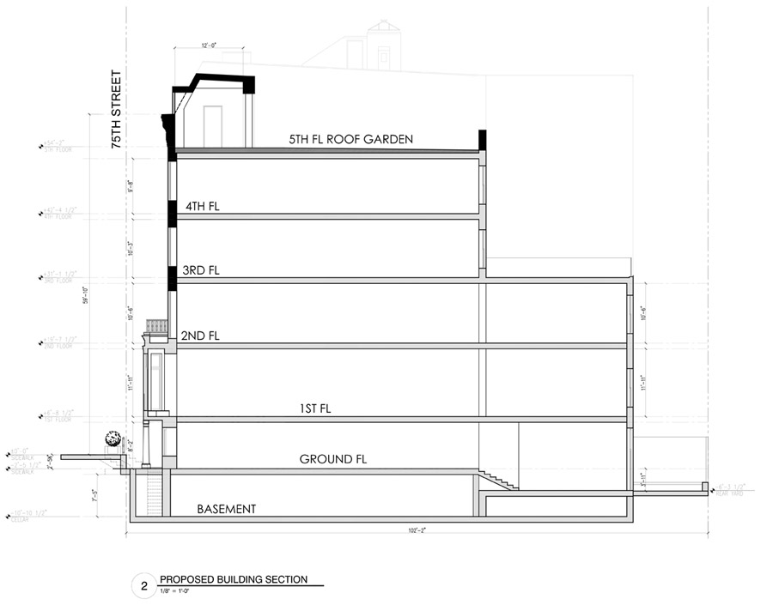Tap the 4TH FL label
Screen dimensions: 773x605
pos(204,206)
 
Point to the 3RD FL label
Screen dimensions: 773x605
pos(201,270)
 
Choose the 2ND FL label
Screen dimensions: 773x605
pos(200,336)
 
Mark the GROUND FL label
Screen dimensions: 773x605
pos(333,460)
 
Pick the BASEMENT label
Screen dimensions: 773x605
pos(227,509)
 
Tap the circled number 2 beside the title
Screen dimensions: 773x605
pos(143,587)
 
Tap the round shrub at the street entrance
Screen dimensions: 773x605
pos(111,439)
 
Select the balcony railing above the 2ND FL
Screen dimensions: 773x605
pos(156,327)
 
